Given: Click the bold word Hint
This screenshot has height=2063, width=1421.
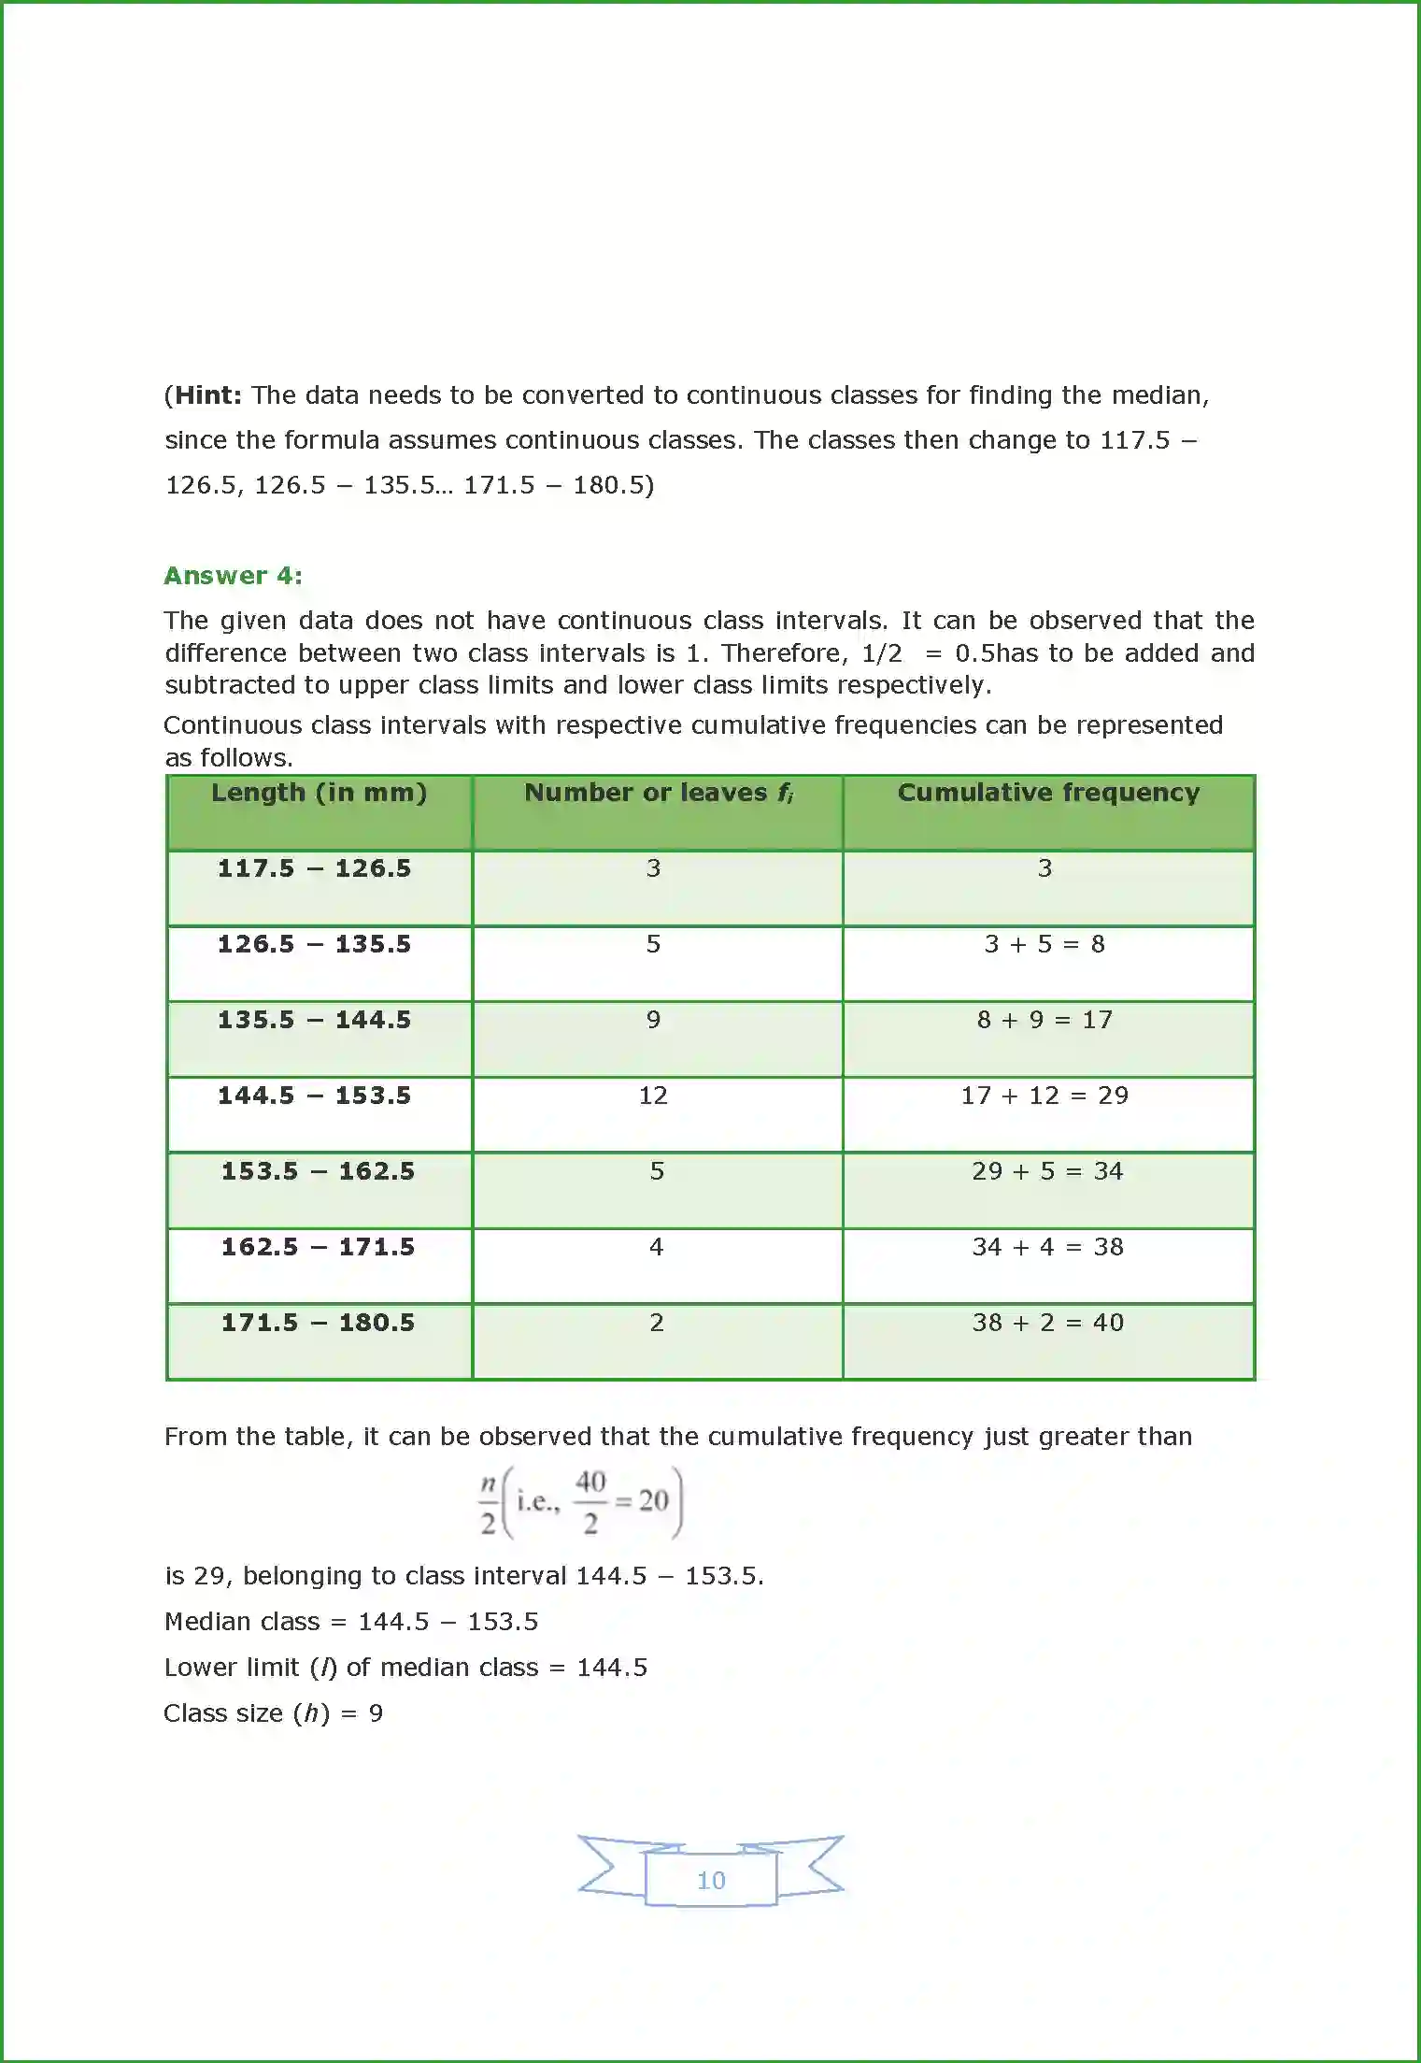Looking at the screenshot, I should coord(207,395).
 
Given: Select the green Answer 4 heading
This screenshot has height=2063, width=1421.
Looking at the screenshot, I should coord(233,576).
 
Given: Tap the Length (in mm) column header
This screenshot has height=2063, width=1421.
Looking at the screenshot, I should coord(319,793).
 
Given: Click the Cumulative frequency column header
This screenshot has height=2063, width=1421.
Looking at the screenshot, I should coord(1048,793).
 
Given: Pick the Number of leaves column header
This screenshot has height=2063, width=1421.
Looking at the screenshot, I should coord(658,793).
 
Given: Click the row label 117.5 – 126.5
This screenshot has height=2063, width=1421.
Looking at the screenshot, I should coord(315,868).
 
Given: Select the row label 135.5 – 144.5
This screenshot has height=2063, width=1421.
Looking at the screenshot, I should coord(315,1020).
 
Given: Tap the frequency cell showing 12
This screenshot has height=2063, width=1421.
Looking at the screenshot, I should coord(653,1096).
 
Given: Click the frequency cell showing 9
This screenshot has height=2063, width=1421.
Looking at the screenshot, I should coord(653,1020).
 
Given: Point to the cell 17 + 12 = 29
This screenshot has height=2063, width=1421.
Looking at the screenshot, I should coord(1044,1096).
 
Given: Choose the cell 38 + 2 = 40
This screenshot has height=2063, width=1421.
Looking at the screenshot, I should coord(1047,1323).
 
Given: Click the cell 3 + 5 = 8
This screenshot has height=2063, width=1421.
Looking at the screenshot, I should coord(1044,944).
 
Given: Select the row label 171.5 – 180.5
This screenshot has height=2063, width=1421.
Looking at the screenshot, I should coord(318,1323).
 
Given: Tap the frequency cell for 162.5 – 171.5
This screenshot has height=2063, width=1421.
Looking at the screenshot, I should coord(656,1247).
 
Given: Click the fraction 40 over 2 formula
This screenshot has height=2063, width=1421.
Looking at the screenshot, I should coord(590,1502).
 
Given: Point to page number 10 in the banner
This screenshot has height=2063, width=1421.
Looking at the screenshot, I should coord(711,1881).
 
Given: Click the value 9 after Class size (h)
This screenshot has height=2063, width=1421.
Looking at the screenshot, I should coord(376,1713).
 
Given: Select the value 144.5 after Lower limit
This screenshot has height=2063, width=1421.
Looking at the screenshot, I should coord(612,1668).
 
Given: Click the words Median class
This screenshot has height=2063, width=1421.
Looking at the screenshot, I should coord(242,1622).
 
